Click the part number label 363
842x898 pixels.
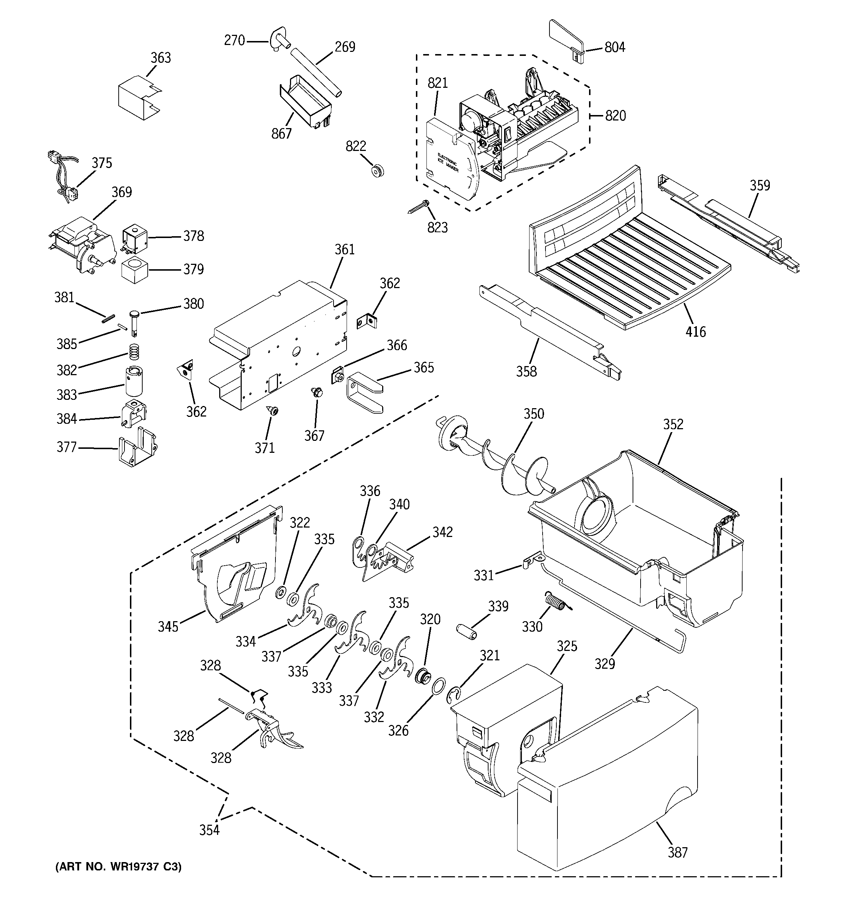(x=160, y=58)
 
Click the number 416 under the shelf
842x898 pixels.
(x=695, y=332)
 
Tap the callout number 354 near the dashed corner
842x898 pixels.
(x=209, y=830)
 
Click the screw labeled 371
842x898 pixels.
(x=273, y=411)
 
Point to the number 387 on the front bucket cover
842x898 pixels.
(x=678, y=852)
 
